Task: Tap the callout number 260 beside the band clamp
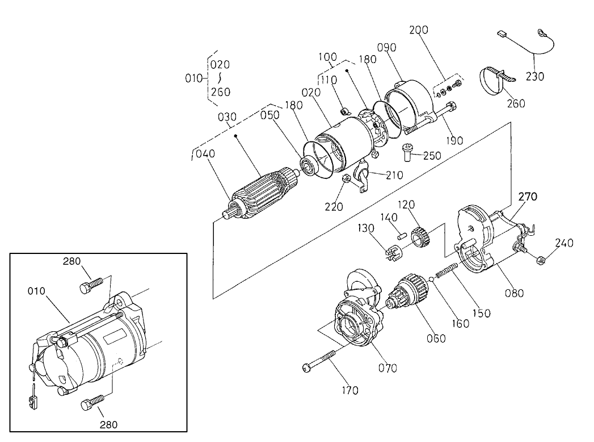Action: tap(516, 103)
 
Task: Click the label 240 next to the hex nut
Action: tap(564, 243)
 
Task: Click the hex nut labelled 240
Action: tap(540, 261)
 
